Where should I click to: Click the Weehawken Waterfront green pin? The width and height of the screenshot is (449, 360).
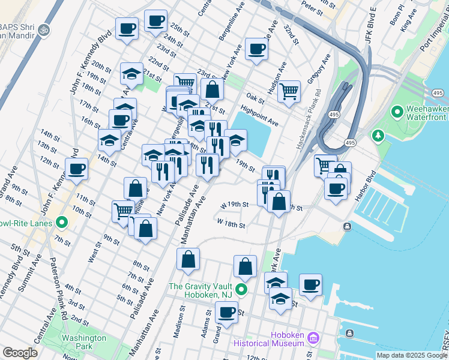coord(397,112)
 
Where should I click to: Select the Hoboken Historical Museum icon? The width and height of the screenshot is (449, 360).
coord(313,339)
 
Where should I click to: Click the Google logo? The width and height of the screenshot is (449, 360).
coord(20,353)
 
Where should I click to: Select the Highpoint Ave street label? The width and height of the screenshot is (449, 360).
coord(259,116)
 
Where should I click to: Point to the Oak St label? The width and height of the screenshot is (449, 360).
coord(255,98)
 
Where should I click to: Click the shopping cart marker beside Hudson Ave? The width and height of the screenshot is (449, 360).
coord(289,91)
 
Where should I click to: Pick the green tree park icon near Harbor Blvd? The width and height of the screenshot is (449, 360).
coord(378,136)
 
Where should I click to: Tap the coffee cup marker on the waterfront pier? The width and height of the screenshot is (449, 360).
coord(310,284)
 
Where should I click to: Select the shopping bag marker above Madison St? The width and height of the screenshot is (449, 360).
coord(188,259)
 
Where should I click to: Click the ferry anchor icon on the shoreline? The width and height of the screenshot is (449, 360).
coord(348,226)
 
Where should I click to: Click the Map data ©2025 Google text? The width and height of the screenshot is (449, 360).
coord(412,355)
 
